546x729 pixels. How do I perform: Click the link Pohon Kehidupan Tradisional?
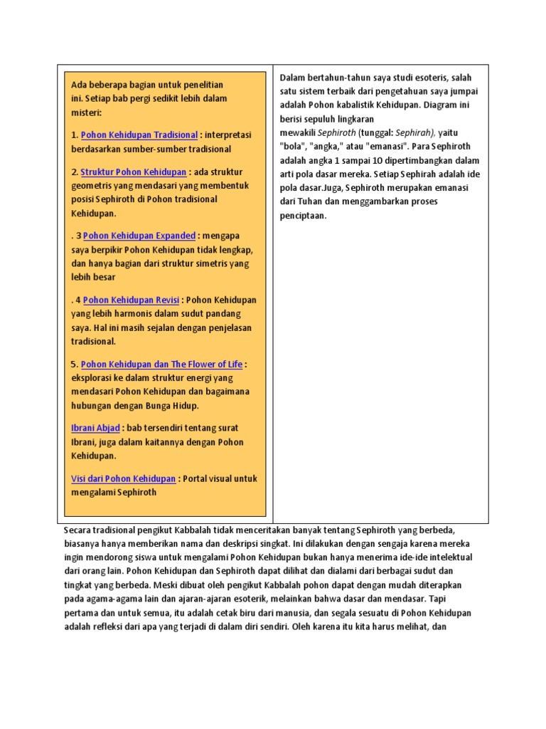pos(139,135)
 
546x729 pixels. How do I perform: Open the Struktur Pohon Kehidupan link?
pos(134,172)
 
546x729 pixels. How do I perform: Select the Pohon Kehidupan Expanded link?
pos(139,236)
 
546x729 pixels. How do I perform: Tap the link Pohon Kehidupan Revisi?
pos(132,300)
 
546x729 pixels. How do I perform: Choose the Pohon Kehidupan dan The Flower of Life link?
pos(161,364)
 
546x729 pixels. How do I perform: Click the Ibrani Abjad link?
pos(95,428)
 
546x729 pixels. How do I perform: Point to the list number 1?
pos(74,135)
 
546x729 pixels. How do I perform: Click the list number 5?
pos(74,364)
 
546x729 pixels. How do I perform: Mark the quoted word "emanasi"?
pos(382,147)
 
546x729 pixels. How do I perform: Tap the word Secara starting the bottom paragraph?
pos(78,531)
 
